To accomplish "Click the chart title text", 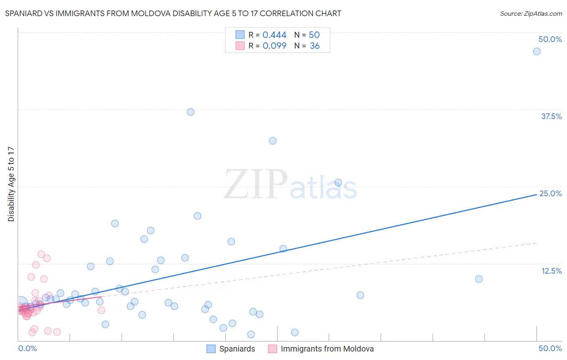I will click(x=173, y=14).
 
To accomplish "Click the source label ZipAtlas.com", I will click(x=531, y=14).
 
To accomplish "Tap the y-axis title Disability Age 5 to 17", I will click(x=11, y=184).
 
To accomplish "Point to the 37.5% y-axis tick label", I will click(x=551, y=116).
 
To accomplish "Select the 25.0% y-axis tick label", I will click(x=550, y=193).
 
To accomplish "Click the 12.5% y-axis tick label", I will click(x=551, y=271).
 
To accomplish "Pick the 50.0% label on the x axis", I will click(x=550, y=348).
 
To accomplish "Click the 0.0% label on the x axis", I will click(x=27, y=348).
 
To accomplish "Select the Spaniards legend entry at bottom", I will click(x=237, y=349).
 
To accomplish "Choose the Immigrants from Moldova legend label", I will click(x=327, y=349).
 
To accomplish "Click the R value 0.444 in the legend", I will click(x=274, y=35).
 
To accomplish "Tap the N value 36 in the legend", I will click(x=315, y=46).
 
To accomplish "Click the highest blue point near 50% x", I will click(x=537, y=51).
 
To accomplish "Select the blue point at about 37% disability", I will click(x=190, y=112).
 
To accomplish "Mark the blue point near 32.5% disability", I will click(x=273, y=141).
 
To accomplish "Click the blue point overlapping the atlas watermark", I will click(x=338, y=182).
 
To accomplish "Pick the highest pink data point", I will click(x=41, y=254).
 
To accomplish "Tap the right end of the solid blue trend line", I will click(x=537, y=195).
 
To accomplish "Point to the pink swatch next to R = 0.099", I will click(x=240, y=46).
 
